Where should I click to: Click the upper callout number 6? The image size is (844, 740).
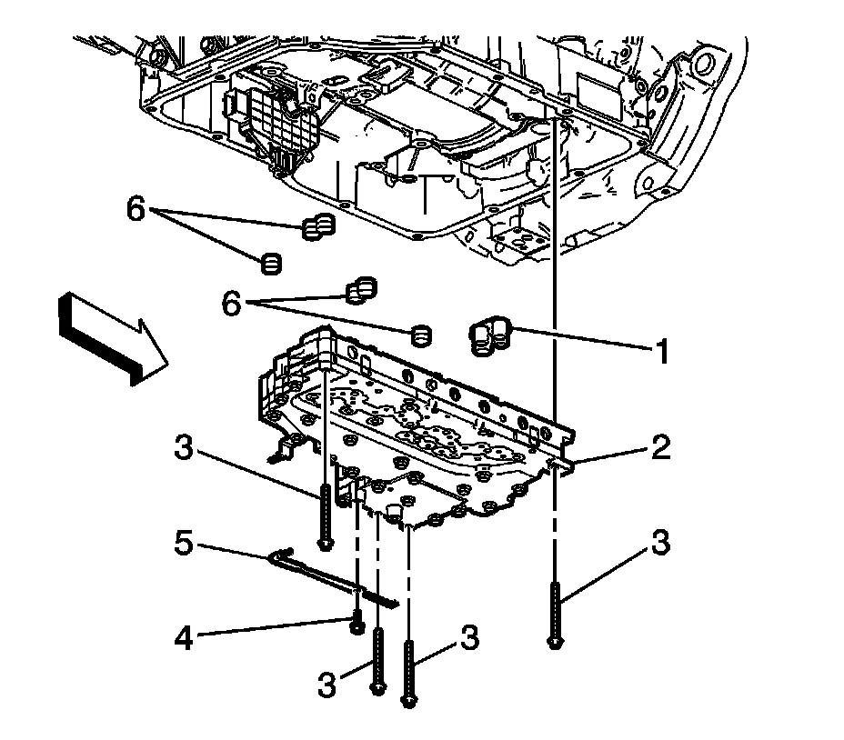pyautogui.click(x=135, y=211)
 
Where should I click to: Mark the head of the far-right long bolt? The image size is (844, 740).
pyautogui.click(x=553, y=644)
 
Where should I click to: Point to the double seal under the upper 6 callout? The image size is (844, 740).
pyautogui.click(x=316, y=227)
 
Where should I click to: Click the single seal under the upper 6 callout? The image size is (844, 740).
pyautogui.click(x=271, y=265)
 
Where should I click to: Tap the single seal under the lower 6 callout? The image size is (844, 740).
pyautogui.click(x=419, y=335)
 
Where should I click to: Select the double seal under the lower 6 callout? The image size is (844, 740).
pyautogui.click(x=360, y=289)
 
